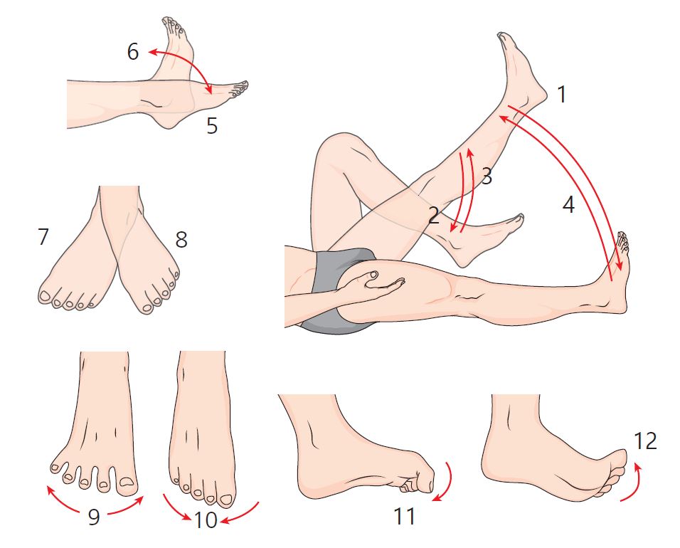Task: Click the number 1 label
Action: point(562,95)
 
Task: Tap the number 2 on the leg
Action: point(434,215)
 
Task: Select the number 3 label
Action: point(487,176)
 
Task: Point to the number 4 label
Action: point(568,204)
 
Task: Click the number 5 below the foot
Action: point(212,126)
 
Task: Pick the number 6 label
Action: point(133,52)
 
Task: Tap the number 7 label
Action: point(43,237)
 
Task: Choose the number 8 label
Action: point(181,239)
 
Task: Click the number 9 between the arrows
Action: point(94,517)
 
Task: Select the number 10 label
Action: point(206,520)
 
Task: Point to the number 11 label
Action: point(404,516)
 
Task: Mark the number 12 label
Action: point(645,441)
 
